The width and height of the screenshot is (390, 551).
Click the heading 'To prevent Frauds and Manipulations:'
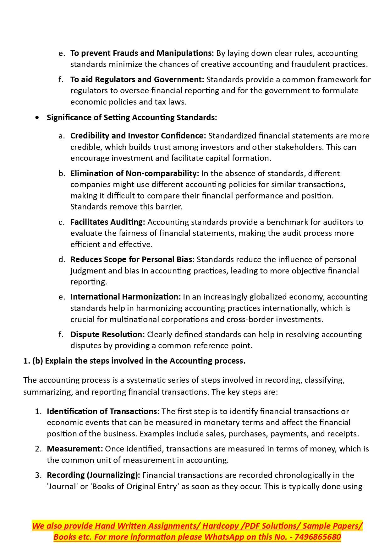(142, 53)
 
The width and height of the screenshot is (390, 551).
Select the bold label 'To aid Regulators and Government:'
(137, 79)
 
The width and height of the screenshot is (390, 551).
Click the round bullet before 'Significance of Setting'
(38, 118)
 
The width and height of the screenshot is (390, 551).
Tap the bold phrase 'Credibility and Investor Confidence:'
(138, 136)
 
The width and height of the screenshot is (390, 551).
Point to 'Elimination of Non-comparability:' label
(135, 173)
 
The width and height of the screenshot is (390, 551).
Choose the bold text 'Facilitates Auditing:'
(107, 222)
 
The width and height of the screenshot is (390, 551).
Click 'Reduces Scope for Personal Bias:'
(132, 259)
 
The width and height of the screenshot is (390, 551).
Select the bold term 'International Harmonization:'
(125, 297)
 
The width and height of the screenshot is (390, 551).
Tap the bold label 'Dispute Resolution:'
(107, 334)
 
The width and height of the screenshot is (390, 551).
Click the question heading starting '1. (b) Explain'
(134, 361)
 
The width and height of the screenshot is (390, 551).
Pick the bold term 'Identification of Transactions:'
(103, 411)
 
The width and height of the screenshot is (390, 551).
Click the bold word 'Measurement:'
(75, 449)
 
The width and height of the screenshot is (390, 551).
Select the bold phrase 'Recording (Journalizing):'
(93, 475)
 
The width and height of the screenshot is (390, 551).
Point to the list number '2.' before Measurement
(38, 449)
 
